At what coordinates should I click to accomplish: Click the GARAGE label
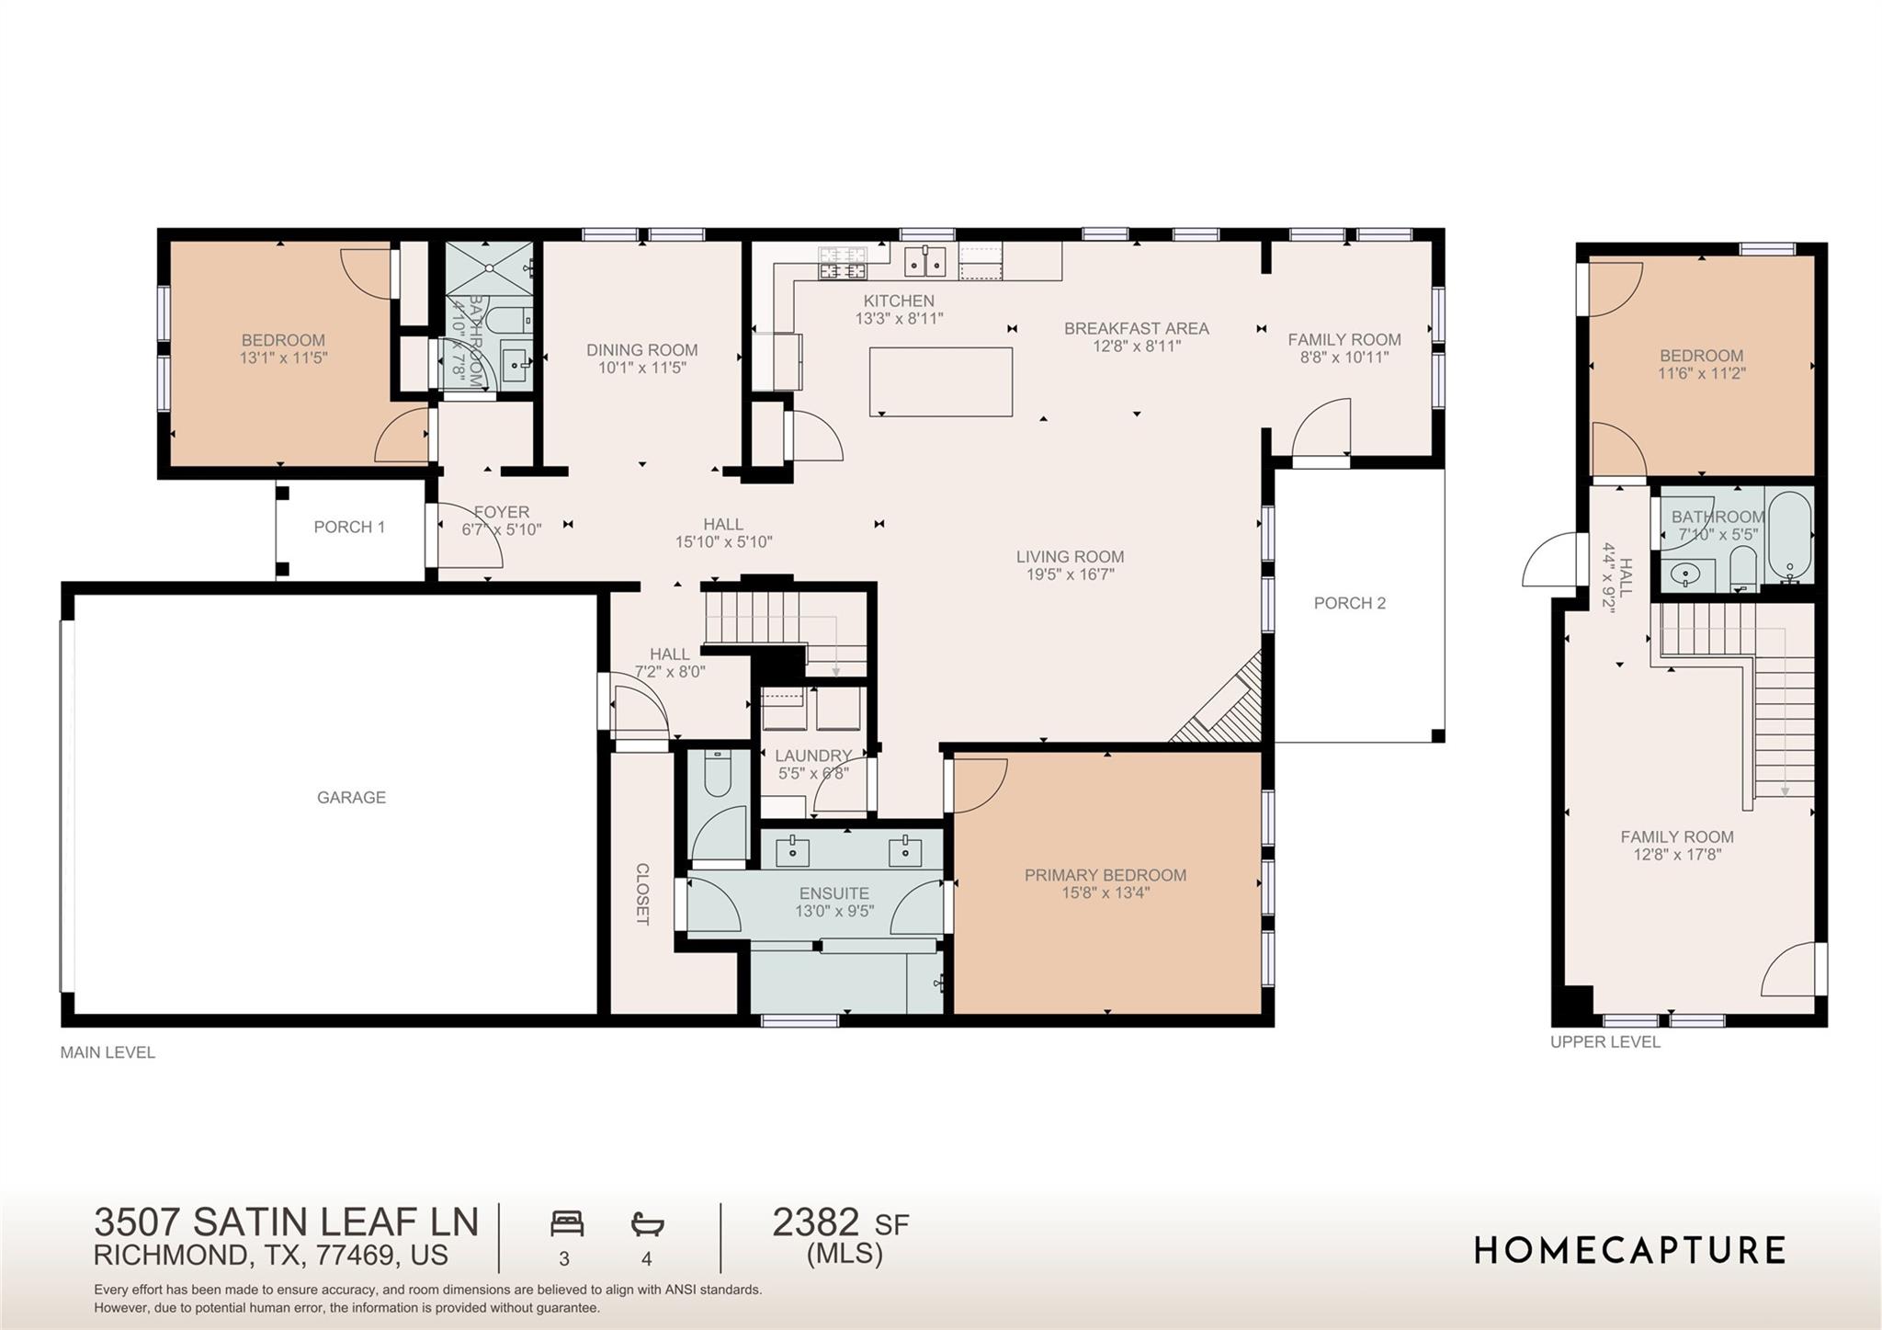pyautogui.click(x=351, y=798)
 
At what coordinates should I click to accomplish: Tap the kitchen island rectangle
pyautogui.click(x=941, y=381)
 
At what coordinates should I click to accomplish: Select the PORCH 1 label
pyautogui.click(x=349, y=527)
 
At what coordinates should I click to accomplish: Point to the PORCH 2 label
pyautogui.click(x=1349, y=603)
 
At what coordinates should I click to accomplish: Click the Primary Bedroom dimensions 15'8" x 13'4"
pyautogui.click(x=1105, y=892)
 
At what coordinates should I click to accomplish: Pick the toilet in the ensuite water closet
pyautogui.click(x=717, y=774)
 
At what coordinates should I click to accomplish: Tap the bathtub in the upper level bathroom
pyautogui.click(x=1789, y=537)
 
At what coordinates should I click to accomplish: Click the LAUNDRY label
pyautogui.click(x=812, y=756)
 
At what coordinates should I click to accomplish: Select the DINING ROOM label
pyautogui.click(x=641, y=349)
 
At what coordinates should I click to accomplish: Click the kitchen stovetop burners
pyautogui.click(x=843, y=262)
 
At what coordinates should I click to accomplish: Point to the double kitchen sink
pyautogui.click(x=925, y=261)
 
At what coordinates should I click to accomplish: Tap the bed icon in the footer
pyautogui.click(x=567, y=1224)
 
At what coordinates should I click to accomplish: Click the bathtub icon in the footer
pyautogui.click(x=647, y=1224)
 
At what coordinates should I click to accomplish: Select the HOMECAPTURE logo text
pyautogui.click(x=1629, y=1250)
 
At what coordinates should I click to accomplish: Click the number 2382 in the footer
pyautogui.click(x=815, y=1222)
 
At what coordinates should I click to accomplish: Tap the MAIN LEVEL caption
pyautogui.click(x=108, y=1052)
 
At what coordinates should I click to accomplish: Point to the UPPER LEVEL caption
pyautogui.click(x=1604, y=1041)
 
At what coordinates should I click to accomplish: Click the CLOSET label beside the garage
pyautogui.click(x=642, y=893)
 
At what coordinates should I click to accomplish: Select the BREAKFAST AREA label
pyautogui.click(x=1136, y=328)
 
